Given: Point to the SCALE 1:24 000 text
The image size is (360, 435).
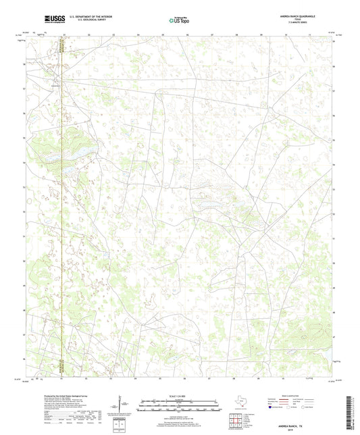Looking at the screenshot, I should tap(179, 396).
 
